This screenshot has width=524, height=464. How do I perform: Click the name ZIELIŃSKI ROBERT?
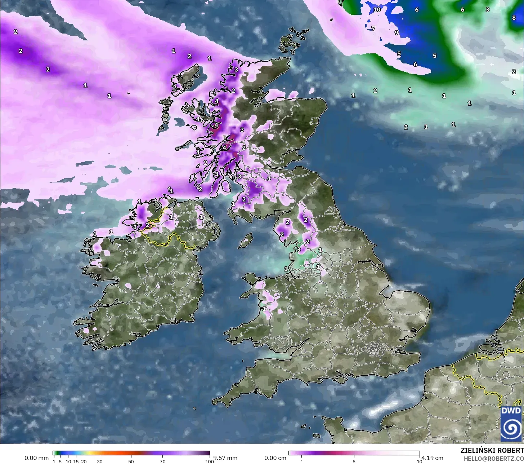point(492,450)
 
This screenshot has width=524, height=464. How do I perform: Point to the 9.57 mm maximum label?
point(225,458)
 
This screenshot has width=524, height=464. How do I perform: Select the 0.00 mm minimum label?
point(36,458)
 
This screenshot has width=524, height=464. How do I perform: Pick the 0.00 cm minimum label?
point(276,458)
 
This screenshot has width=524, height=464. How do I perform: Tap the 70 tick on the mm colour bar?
point(162,461)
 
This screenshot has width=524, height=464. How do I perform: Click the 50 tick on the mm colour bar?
point(131,461)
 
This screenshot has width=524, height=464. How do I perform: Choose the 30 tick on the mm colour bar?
point(100,461)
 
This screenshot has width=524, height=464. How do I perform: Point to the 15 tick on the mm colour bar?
point(76,461)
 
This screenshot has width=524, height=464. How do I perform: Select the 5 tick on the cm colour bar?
point(354,461)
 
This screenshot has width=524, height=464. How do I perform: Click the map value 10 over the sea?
point(377,10)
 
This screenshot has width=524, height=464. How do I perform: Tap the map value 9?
point(396,33)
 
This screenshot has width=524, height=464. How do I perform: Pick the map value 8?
point(514,18)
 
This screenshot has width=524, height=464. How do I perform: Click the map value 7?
point(373,28)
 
